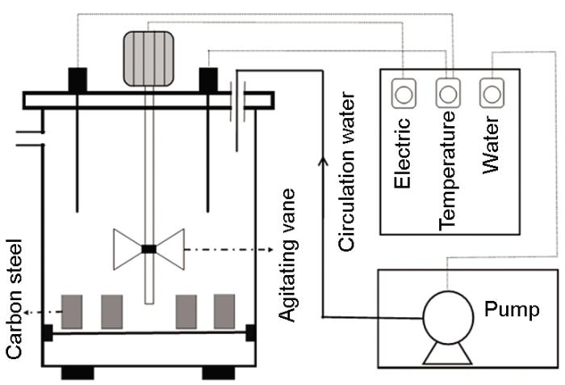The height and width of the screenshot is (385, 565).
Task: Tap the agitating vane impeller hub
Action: (x=148, y=249)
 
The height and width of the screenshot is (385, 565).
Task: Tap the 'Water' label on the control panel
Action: (x=490, y=147)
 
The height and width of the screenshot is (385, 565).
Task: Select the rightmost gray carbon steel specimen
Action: (x=224, y=312)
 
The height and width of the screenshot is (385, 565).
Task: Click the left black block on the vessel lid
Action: (x=77, y=80)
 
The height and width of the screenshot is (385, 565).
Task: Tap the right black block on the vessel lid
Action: (x=208, y=80)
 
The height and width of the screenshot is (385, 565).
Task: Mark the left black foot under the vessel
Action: (x=78, y=373)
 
